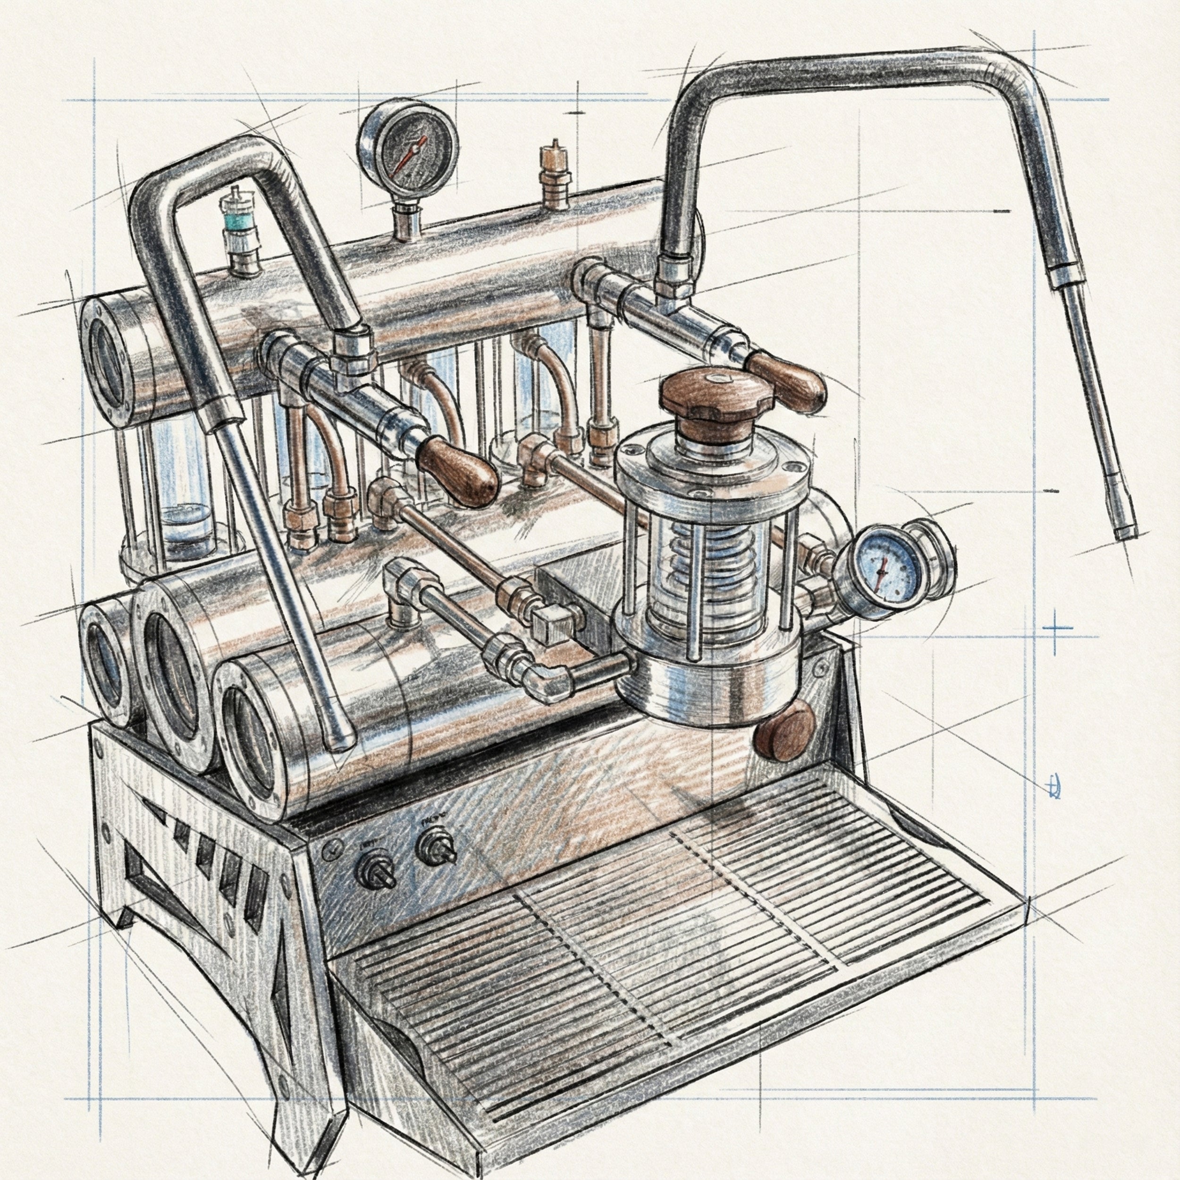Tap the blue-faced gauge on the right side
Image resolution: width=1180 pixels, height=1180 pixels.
[x=881, y=567]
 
